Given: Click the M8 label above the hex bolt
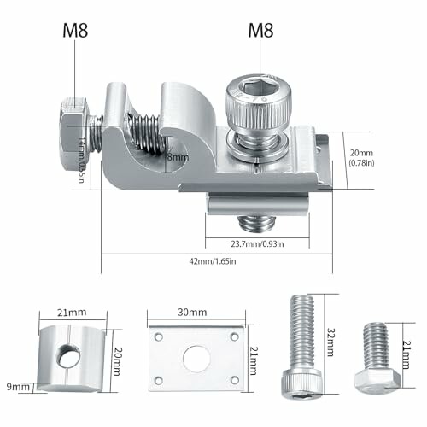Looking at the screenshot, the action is point(75,31).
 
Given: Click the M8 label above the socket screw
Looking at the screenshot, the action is point(260,31).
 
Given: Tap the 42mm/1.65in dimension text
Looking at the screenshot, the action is point(213,261).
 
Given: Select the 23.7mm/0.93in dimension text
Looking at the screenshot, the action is point(257,244).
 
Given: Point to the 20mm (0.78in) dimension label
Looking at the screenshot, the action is point(361,158).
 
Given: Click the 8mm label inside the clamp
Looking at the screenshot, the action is point(178,157).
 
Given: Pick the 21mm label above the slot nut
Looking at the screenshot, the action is point(72,313).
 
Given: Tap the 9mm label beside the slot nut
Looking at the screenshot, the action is point(18,387).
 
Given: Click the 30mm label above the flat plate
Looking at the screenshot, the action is point(192,312).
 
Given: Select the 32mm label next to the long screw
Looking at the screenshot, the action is point(330,342).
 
